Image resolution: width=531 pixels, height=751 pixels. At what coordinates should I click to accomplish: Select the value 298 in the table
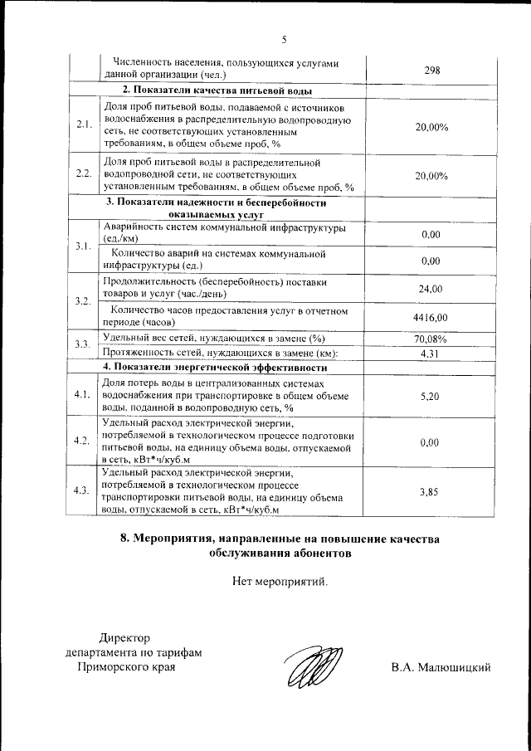[431, 71]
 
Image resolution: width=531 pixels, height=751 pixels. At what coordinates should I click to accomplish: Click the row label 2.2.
[83, 174]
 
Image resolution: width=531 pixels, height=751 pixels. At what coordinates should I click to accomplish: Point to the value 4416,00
[431, 317]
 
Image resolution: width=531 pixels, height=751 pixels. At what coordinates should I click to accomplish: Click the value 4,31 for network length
[431, 354]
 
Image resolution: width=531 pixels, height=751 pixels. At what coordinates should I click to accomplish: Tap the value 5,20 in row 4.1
[431, 396]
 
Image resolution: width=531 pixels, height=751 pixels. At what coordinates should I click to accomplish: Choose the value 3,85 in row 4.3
[429, 491]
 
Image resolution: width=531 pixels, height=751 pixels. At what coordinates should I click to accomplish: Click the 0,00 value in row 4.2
[430, 442]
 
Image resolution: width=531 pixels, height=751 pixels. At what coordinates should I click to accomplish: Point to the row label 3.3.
[82, 345]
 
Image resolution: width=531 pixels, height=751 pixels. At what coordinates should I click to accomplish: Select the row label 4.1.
[82, 395]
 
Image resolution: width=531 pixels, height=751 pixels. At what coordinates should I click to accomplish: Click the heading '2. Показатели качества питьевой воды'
[217, 90]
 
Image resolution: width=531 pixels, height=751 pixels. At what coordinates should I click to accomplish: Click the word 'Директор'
[126, 637]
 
